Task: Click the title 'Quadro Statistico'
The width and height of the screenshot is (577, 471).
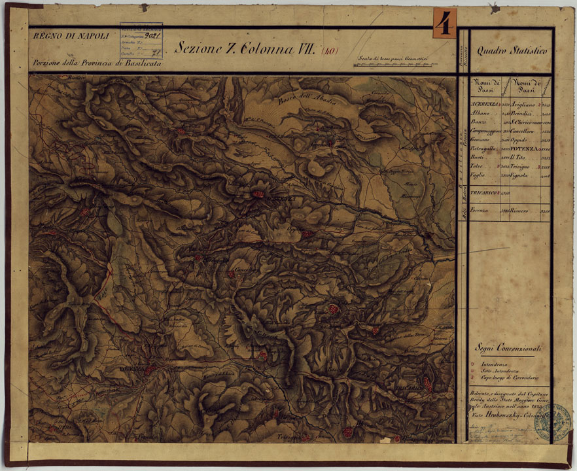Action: tap(511, 50)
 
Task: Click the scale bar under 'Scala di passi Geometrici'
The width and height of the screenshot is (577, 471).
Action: tap(393, 65)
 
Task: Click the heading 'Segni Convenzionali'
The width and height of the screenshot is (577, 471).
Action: tap(509, 349)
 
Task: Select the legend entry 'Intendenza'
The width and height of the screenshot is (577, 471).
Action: tap(496, 364)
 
